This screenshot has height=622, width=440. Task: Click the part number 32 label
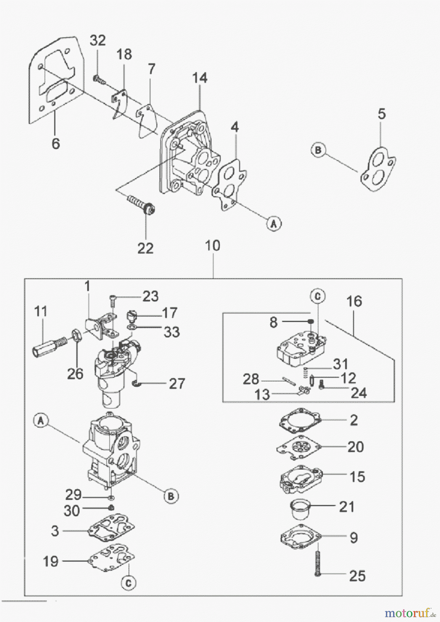click(98, 40)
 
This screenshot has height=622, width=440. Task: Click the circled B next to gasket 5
click(318, 150)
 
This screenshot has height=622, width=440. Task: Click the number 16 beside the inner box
click(354, 301)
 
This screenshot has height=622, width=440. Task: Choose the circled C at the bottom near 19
click(128, 583)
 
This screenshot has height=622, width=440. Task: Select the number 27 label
click(176, 384)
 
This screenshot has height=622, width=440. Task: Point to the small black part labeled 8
click(310, 321)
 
